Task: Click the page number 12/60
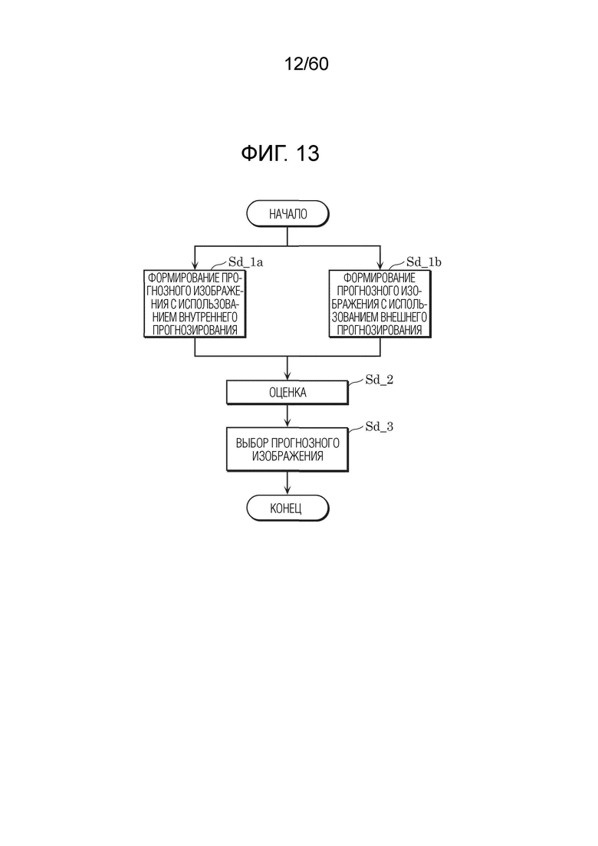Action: coord(306,64)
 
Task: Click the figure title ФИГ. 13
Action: coord(280,153)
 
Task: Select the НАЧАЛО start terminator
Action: coord(287,214)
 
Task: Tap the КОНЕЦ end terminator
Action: coord(287,509)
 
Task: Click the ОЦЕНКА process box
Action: coord(287,393)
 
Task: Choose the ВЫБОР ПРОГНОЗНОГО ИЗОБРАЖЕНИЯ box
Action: coord(287,449)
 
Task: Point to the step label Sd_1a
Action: coord(245,262)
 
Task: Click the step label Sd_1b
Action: coord(423,262)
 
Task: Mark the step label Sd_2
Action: coord(379,380)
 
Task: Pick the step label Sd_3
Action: coord(379,426)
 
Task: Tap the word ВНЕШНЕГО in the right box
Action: coord(403,317)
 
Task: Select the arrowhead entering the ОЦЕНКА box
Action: coord(287,377)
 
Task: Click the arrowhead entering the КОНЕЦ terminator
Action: coord(287,491)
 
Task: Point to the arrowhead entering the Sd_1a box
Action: coord(195,265)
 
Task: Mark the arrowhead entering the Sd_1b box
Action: coord(380,265)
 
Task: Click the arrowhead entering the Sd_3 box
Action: coord(287,423)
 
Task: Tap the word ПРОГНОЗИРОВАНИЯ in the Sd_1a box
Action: coord(195,330)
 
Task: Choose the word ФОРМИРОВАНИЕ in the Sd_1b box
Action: coord(379,278)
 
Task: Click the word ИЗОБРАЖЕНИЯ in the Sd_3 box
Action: coord(287,456)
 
